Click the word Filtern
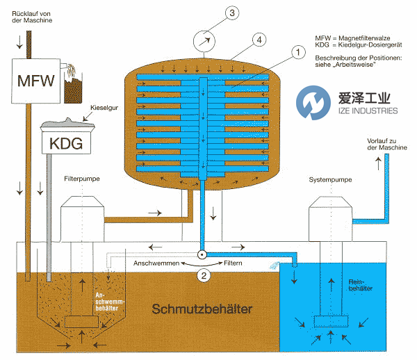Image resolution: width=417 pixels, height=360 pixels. click(234, 263)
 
